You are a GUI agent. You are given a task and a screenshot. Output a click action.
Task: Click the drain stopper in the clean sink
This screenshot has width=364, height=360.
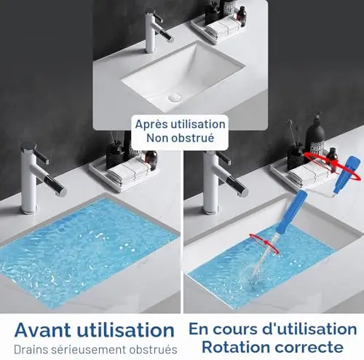pos(174,98)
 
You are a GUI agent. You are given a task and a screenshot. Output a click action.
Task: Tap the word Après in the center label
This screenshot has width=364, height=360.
pos(151,125)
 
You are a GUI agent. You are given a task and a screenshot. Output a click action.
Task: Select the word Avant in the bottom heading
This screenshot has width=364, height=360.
pos(43,329)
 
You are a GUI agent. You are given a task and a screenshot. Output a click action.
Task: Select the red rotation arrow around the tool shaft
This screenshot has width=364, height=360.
pos(264,243)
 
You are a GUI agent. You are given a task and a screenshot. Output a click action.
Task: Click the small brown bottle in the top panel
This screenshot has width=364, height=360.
pos(242,16)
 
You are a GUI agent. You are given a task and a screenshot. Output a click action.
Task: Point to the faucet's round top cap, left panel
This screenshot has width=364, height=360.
pos(28,146)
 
